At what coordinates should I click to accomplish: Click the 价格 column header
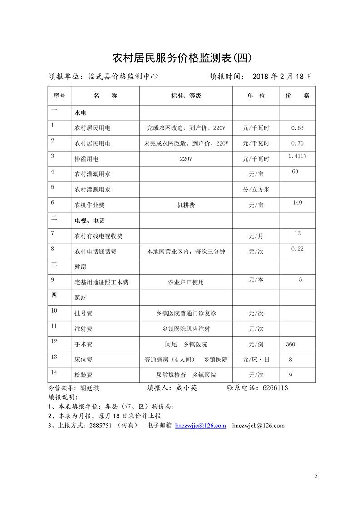click(297, 96)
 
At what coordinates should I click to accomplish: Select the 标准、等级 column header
click(186, 96)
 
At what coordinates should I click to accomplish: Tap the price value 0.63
click(297, 128)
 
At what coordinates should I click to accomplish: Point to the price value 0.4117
click(297, 156)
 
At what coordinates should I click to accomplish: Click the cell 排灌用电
click(86, 159)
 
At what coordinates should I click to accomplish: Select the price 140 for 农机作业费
click(297, 202)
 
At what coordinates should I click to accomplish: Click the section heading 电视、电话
click(89, 220)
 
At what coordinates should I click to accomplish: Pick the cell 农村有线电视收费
click(99, 236)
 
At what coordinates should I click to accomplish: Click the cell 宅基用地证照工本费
click(101, 282)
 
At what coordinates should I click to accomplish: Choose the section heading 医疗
click(80, 298)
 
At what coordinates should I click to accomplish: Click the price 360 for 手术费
click(291, 344)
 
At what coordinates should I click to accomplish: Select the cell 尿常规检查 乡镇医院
click(186, 375)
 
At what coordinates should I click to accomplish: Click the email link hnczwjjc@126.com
click(200, 426)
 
